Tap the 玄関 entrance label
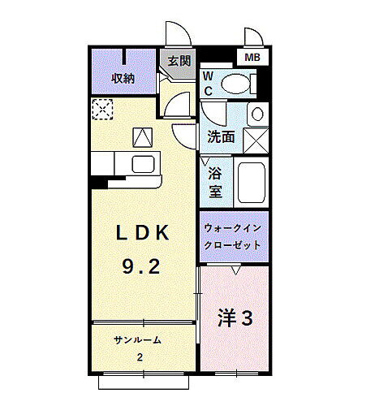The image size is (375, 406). (x=179, y=60)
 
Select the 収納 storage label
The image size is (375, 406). (x=123, y=79)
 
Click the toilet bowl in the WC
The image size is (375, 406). (x=238, y=84)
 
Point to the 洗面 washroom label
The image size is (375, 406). (x=221, y=137)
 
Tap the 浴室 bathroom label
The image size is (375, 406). (x=215, y=183)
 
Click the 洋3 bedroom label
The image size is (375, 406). (x=235, y=318)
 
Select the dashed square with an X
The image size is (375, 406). (x=104, y=108)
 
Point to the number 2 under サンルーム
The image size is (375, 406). (x=140, y=357)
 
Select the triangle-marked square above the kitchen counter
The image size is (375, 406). (x=143, y=137)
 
